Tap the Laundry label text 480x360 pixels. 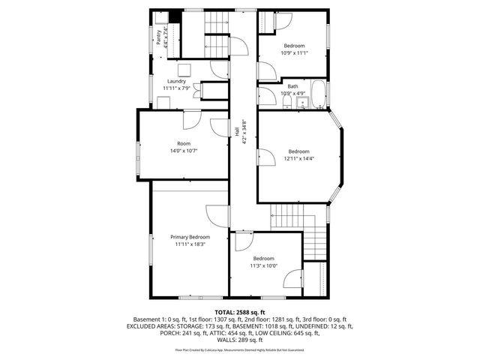coord(176,81)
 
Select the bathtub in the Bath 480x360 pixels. coord(319,95)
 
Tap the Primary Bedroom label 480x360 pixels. coord(190,236)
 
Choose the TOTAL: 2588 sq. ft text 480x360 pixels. coord(239,311)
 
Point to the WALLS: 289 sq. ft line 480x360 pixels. coord(239,340)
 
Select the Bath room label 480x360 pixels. coord(283,86)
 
